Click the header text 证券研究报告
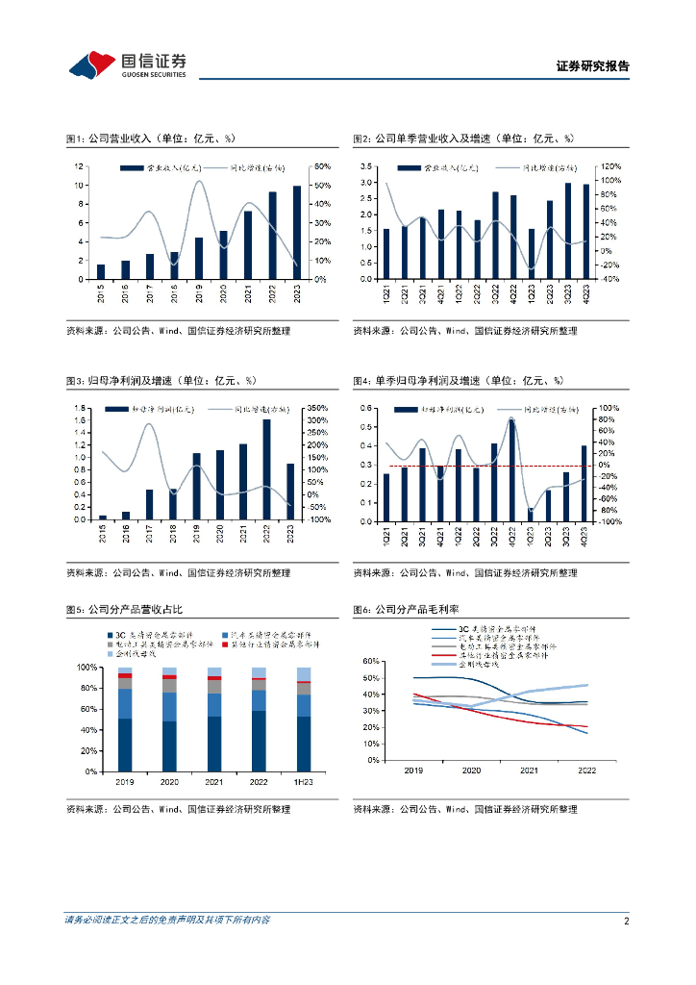(593, 66)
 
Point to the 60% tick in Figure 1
(323, 166)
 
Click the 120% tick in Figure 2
(609, 166)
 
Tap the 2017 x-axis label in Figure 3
(150, 535)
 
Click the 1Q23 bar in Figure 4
(530, 514)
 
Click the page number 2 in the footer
(626, 921)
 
